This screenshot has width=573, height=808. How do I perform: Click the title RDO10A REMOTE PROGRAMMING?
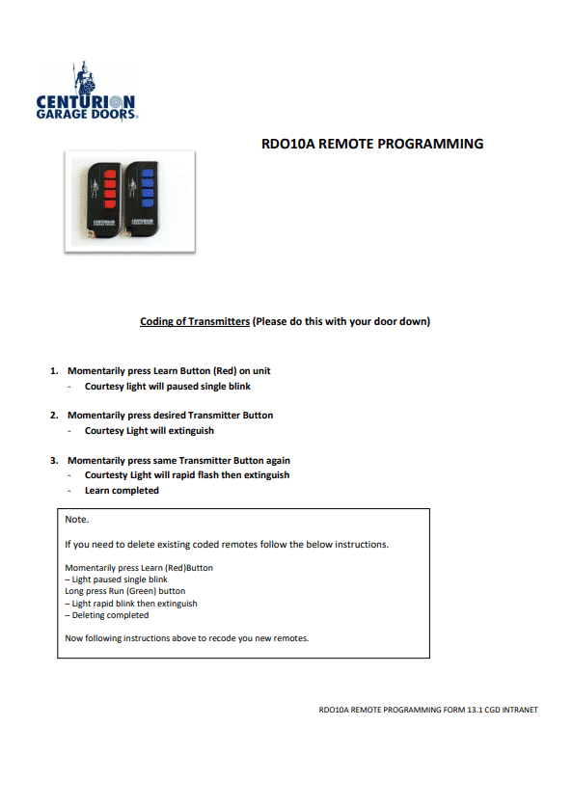(372, 144)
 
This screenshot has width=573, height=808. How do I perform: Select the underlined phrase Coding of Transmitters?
(195, 321)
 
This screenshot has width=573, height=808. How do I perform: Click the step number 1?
(54, 371)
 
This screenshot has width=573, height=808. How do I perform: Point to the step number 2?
(54, 416)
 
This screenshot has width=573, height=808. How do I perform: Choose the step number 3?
(54, 461)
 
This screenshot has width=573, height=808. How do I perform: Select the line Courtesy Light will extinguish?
(150, 431)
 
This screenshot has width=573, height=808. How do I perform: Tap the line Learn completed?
(122, 491)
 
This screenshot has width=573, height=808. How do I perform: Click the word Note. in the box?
(76, 520)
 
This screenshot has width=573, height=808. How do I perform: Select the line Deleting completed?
(107, 615)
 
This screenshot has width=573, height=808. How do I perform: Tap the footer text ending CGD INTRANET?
(427, 711)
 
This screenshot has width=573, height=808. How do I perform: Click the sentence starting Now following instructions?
(186, 638)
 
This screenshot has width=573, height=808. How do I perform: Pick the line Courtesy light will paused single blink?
(168, 387)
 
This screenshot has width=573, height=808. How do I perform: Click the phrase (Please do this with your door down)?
(341, 321)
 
